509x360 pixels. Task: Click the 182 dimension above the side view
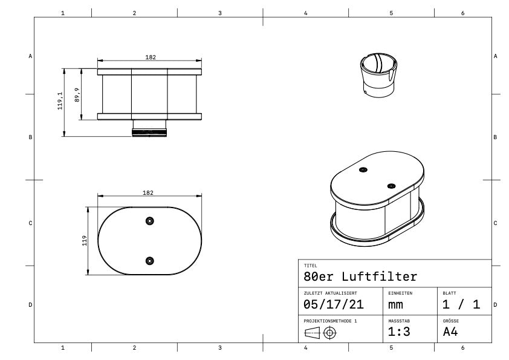pyautogui.click(x=151, y=57)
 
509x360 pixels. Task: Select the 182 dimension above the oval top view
pyautogui.click(x=148, y=192)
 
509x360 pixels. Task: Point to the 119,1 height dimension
pyautogui.click(x=60, y=101)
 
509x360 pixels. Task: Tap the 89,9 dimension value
pyautogui.click(x=77, y=94)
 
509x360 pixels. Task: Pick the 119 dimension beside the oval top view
pyautogui.click(x=85, y=240)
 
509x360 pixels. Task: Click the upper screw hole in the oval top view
pyautogui.click(x=149, y=221)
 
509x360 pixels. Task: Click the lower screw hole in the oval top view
pyautogui.click(x=149, y=261)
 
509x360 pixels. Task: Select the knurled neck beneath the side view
pyautogui.click(x=149, y=131)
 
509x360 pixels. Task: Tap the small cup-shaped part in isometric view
pyautogui.click(x=378, y=76)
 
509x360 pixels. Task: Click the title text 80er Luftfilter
pyautogui.click(x=360, y=277)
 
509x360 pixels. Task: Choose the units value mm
pyautogui.click(x=396, y=305)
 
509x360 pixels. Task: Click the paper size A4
pyautogui.click(x=451, y=332)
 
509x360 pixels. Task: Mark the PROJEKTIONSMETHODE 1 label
pyautogui.click(x=330, y=321)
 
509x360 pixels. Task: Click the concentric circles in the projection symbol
pyautogui.click(x=330, y=332)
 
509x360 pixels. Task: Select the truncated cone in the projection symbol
pyautogui.click(x=312, y=332)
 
